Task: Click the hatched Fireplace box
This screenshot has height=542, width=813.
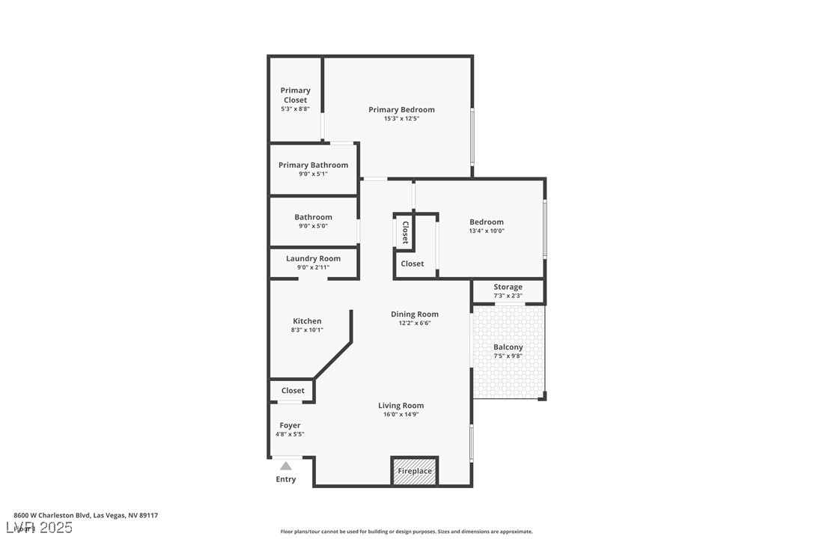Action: point(414,471)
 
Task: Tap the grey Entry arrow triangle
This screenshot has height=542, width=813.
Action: point(286,466)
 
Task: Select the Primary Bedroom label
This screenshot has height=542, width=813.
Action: point(402,109)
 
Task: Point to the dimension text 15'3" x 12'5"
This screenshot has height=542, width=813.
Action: point(402,119)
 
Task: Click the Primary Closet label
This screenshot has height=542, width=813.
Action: point(296,95)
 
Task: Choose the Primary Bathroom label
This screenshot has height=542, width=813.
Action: point(313,165)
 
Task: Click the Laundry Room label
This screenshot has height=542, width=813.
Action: point(313,258)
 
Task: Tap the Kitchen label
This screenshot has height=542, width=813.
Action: point(307,321)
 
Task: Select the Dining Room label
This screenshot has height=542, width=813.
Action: point(415,314)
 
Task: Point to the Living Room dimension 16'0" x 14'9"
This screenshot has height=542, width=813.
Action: point(401,415)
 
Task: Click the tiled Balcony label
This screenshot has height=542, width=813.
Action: point(508,347)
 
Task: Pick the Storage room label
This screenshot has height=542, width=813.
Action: point(508,287)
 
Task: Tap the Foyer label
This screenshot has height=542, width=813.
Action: point(290,425)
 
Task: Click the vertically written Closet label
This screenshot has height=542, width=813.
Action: point(406,232)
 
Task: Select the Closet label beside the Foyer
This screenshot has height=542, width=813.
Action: point(293,391)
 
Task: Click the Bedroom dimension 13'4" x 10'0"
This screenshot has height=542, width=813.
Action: point(487,231)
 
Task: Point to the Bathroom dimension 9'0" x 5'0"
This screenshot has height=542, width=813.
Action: point(313,226)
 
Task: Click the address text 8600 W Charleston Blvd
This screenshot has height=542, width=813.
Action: point(52,516)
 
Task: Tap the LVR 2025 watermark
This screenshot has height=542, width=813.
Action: point(39,528)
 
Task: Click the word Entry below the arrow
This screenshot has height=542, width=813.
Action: point(286,479)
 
